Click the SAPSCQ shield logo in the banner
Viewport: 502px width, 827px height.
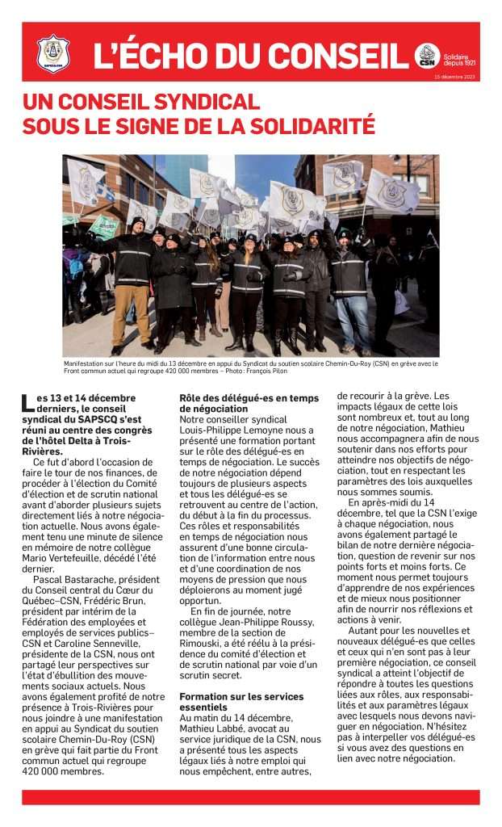coord(53,52)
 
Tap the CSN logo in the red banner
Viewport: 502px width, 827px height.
coord(427,56)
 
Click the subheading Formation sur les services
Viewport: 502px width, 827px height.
coord(241,696)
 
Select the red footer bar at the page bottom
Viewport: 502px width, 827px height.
coord(250,796)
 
